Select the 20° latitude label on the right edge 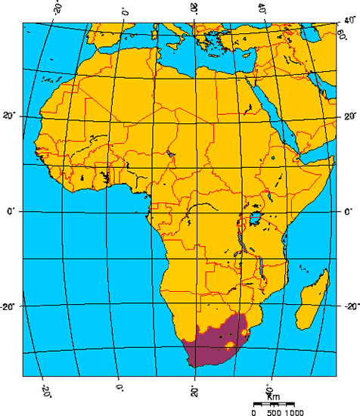pyautogui.click(x=349, y=117)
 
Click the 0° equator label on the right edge pyautogui.click(x=349, y=213)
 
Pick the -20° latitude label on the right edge pyautogui.click(x=349, y=307)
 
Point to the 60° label pyautogui.click(x=342, y=33)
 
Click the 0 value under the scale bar pyautogui.click(x=254, y=412)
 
